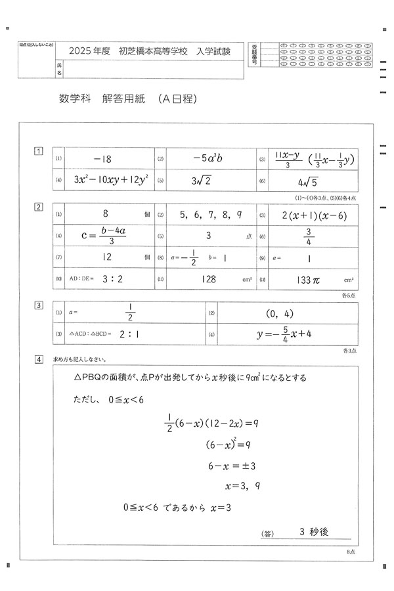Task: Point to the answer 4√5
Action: (x=308, y=181)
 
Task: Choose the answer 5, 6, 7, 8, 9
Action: (x=207, y=215)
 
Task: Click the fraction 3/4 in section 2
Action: (x=307, y=236)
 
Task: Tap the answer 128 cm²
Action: (x=208, y=279)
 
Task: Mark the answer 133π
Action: (x=309, y=280)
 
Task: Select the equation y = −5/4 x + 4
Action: (x=284, y=334)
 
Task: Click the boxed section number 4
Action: (x=39, y=359)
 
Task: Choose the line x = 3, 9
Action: (x=243, y=487)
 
